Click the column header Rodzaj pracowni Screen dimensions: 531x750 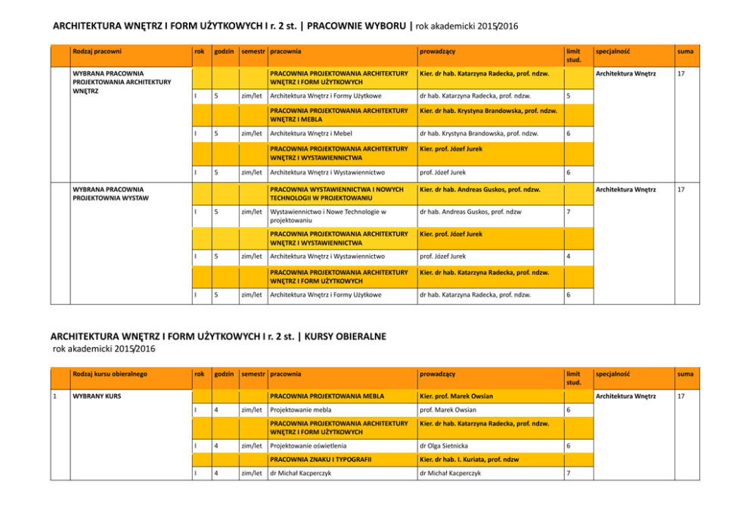tap(97, 51)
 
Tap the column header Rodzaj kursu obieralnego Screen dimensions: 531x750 tap(109, 374)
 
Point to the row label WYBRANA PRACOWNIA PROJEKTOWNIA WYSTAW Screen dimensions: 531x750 tap(110, 194)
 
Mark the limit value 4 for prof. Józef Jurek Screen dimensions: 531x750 tap(569, 256)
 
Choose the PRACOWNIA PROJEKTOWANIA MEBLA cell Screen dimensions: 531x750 tap(327, 396)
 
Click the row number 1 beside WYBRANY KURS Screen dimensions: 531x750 tap(56, 396)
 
